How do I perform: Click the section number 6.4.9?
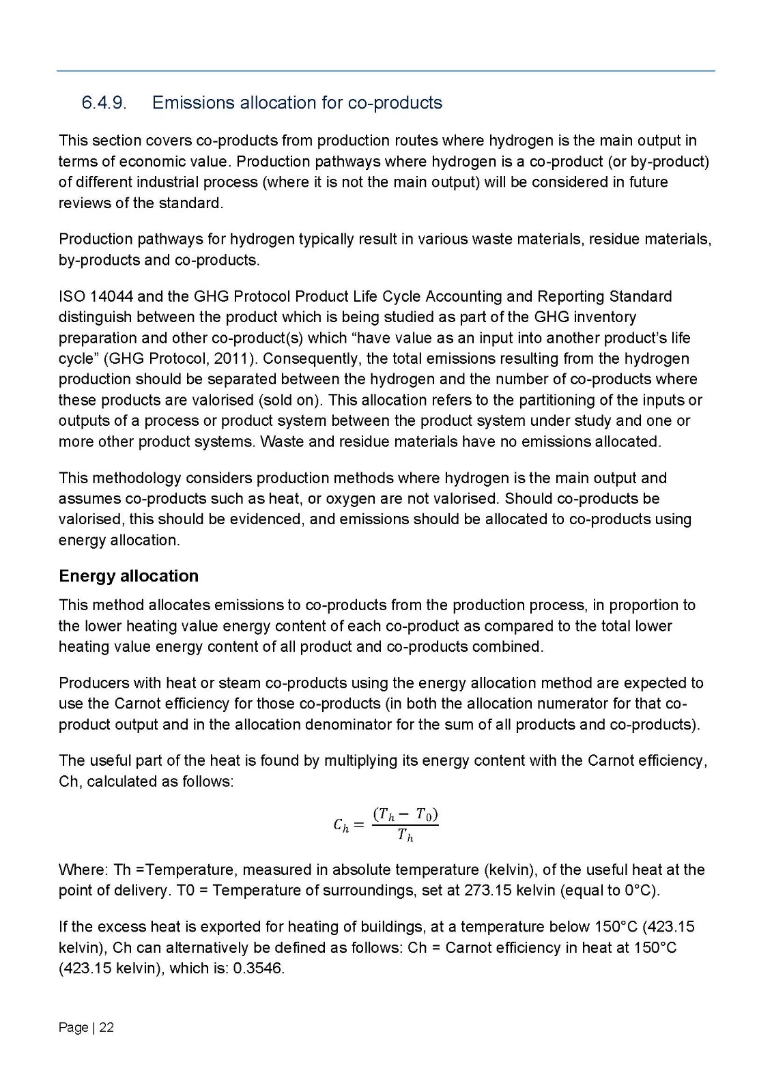coord(104,103)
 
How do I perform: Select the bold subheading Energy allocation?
coord(128,576)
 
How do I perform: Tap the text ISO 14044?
coord(96,296)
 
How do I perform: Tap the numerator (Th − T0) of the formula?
coord(405,814)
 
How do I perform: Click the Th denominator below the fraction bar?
coord(405,837)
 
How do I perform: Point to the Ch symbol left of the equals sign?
coord(341,825)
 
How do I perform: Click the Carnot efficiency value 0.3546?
coord(258,968)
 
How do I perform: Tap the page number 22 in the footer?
coord(106,1027)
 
